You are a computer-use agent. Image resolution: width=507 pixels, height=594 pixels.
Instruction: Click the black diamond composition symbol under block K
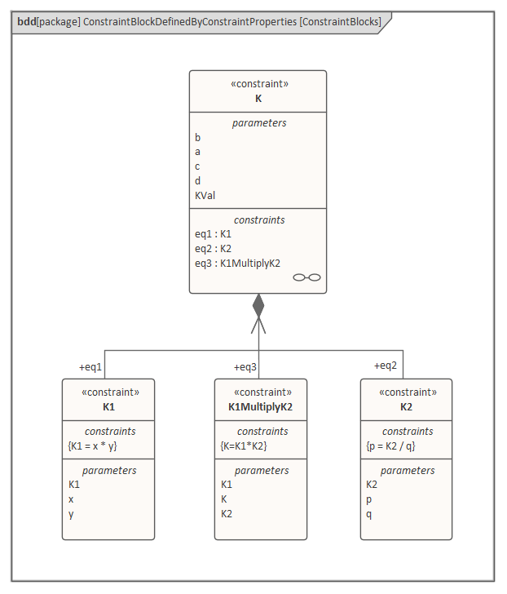click(258, 305)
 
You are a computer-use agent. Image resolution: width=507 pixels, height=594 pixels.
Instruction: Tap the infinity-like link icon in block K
click(306, 277)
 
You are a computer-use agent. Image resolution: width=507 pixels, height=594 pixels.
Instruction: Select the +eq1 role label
click(90, 366)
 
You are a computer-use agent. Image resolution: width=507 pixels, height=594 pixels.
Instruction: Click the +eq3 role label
click(245, 366)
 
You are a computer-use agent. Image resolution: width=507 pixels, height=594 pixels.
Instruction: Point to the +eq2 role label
click(386, 365)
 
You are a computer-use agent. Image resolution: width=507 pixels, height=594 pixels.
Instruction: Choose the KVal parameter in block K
click(205, 195)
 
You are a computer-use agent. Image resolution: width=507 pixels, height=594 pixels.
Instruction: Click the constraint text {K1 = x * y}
click(94, 446)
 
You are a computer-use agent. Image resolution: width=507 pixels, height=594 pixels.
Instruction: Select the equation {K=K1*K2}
click(244, 446)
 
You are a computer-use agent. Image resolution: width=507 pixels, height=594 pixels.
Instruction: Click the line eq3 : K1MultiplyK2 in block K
click(237, 263)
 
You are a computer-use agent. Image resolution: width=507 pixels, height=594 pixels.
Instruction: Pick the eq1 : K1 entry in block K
click(213, 233)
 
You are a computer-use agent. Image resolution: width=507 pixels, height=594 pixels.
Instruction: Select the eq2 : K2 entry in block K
click(213, 248)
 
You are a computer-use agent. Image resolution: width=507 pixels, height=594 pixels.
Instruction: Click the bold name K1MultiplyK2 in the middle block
click(260, 406)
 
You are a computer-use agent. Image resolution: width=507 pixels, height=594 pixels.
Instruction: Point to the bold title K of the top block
click(258, 98)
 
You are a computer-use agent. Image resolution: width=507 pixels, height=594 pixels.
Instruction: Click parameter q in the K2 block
click(369, 513)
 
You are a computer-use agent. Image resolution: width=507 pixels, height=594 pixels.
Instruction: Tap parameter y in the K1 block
click(71, 513)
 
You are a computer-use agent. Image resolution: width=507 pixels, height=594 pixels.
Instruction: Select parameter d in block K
click(197, 180)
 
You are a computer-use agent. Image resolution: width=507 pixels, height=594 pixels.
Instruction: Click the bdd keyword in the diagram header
click(25, 22)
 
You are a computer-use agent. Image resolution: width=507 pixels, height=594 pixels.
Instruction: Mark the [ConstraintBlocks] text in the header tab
click(340, 22)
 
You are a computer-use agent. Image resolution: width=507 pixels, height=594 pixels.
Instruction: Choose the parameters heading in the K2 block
click(407, 470)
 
